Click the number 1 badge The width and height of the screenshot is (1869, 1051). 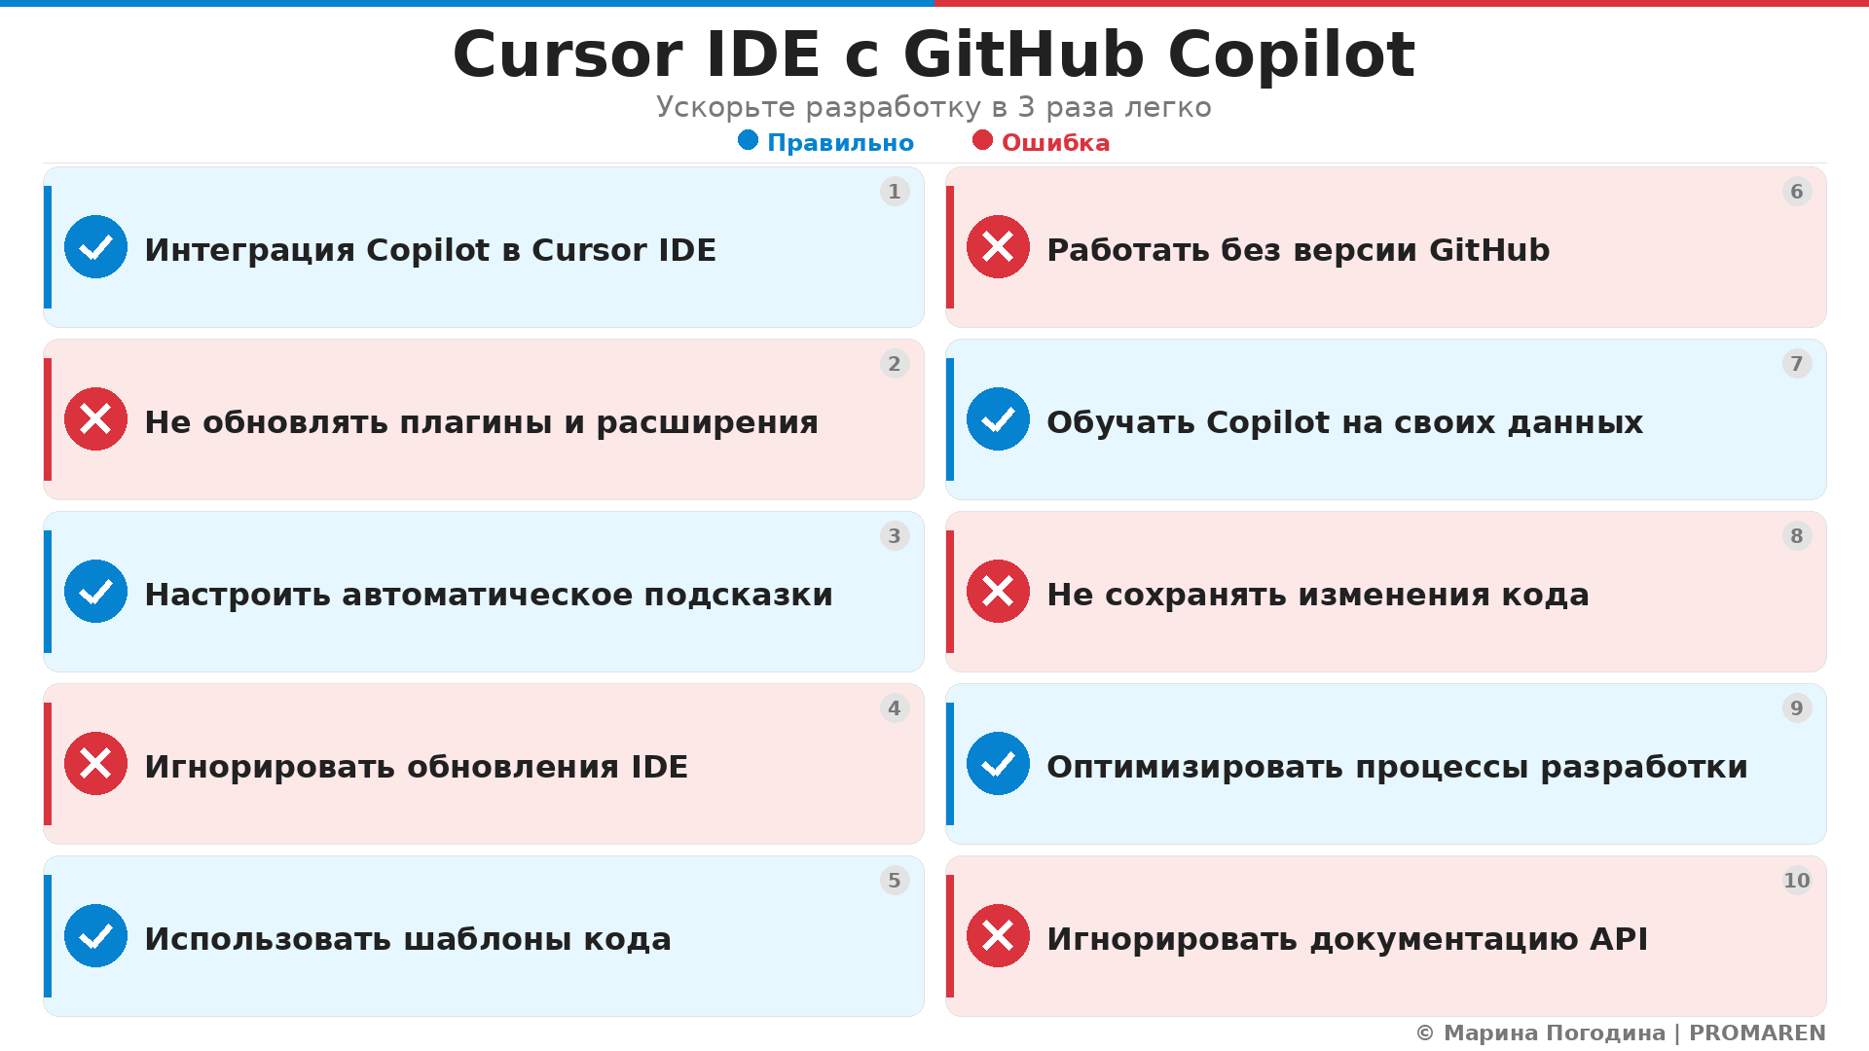894,192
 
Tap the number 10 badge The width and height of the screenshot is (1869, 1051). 1796,881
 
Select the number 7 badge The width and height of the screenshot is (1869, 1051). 1796,364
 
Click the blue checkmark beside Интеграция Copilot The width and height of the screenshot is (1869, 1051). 95,247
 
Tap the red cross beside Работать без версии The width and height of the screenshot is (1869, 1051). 998,247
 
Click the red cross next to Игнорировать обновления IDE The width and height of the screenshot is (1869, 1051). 95,764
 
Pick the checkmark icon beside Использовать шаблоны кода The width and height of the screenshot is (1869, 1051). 95,936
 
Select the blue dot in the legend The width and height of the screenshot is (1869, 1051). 748,140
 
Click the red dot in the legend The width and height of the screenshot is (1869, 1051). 982,140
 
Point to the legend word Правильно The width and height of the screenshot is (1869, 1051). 840,143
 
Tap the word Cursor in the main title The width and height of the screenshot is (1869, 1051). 568,54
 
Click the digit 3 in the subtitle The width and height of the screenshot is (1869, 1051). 1026,107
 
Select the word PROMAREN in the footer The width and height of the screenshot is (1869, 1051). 1757,1033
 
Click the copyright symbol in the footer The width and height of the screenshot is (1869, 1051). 1425,1033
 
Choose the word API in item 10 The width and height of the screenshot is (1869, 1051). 1619,939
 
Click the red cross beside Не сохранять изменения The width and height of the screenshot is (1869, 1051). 998,592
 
